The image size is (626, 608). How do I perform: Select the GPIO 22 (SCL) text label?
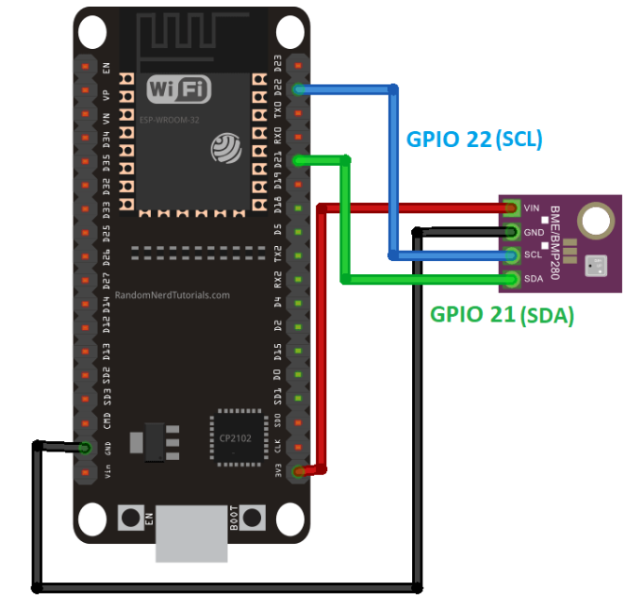click(474, 139)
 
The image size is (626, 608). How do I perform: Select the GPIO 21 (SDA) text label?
click(502, 315)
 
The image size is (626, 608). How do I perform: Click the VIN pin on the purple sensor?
click(511, 206)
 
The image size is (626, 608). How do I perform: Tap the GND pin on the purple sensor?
click(511, 231)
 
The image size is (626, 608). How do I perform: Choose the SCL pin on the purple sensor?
click(511, 255)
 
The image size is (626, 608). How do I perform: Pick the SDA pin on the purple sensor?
click(511, 279)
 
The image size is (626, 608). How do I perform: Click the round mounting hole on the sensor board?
click(593, 222)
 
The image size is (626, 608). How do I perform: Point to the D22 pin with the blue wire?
click(299, 90)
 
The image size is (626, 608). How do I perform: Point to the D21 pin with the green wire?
click(299, 161)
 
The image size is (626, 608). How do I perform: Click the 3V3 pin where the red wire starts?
click(299, 470)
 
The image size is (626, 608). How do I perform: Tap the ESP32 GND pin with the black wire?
click(86, 447)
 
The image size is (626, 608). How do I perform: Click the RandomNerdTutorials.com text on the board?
click(172, 295)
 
